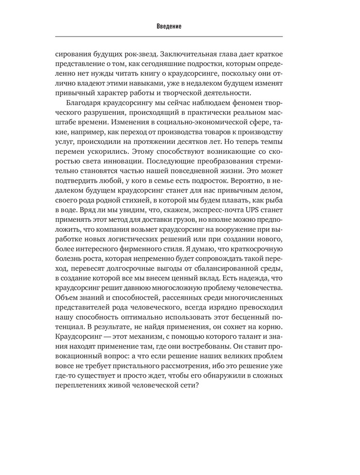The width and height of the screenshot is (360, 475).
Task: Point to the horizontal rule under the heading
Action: point(169,37)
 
